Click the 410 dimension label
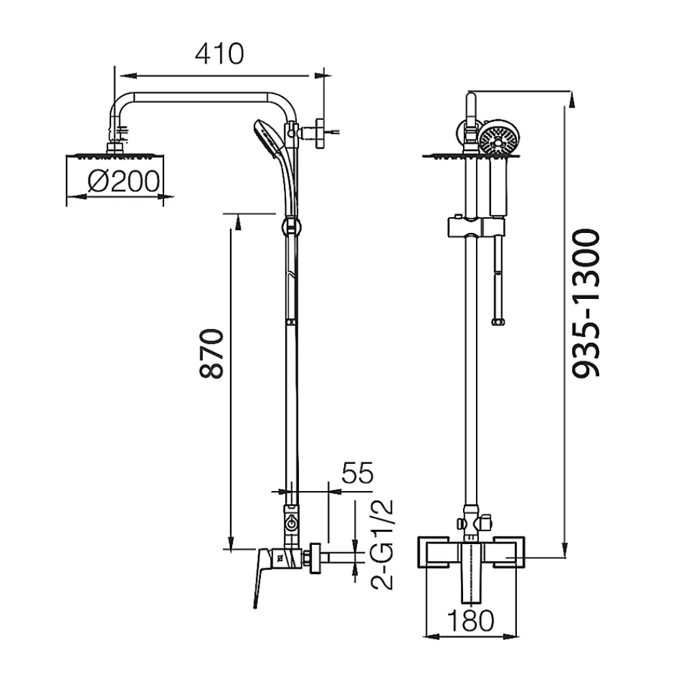coord(219,54)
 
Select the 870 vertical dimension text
coord(212,353)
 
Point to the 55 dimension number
coord(358,473)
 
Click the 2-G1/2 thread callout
coord(382,544)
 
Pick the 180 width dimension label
coord(471,620)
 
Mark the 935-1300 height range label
coord(586,303)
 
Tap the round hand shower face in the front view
coord(499,138)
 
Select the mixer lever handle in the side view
coord(262,575)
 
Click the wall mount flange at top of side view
coord(320,133)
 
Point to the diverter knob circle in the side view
coord(291,524)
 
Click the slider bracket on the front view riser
coord(476,227)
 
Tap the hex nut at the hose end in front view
coord(498,322)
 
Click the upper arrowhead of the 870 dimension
coord(238,223)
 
